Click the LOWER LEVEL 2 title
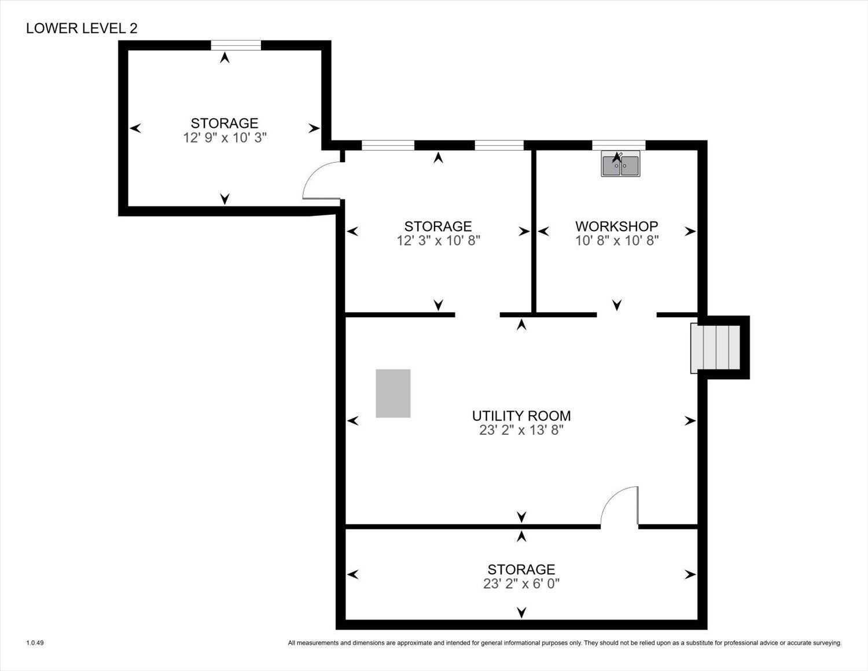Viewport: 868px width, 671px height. click(x=82, y=28)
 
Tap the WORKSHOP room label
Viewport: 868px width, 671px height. click(x=616, y=226)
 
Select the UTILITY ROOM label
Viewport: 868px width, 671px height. click(x=521, y=416)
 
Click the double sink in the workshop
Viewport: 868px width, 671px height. click(x=621, y=164)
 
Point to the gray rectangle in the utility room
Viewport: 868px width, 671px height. click(x=393, y=394)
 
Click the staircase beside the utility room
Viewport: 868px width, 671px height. click(x=715, y=348)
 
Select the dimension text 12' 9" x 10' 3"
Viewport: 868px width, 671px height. click(x=225, y=137)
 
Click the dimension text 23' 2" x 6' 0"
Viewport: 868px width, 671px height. click(x=521, y=584)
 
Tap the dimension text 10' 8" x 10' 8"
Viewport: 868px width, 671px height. click(x=617, y=241)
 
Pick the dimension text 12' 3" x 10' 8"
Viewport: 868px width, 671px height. click(x=438, y=241)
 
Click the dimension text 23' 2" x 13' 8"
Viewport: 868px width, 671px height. click(x=521, y=430)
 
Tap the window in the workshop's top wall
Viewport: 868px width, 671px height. click(x=619, y=145)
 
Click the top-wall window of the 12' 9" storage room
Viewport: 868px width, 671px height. click(x=236, y=45)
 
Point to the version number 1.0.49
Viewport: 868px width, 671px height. click(x=35, y=643)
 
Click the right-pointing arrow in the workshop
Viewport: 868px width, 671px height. click(x=690, y=232)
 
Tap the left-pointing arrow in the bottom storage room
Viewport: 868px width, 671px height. click(x=353, y=574)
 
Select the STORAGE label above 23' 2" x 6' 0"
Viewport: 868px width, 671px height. click(x=521, y=570)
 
